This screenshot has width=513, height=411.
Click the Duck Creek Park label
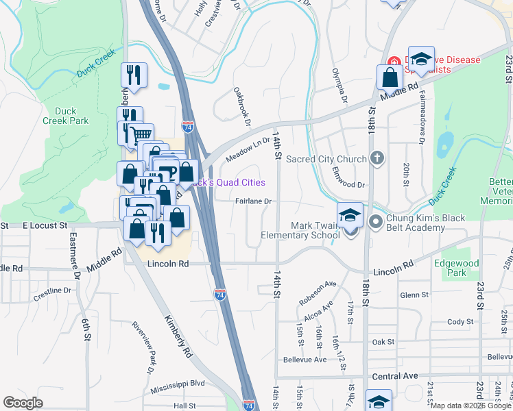click(x=70, y=115)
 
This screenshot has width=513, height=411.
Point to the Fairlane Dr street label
click(x=254, y=201)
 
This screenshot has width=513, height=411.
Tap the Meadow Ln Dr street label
click(x=248, y=149)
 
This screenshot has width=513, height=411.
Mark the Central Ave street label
click(x=394, y=376)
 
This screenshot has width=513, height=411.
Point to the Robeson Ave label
click(x=317, y=292)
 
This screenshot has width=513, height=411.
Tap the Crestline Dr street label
click(x=52, y=290)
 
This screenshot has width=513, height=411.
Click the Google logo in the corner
click(x=23, y=403)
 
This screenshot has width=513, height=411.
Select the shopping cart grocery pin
click(x=141, y=136)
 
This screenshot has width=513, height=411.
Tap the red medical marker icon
click(x=394, y=60)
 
